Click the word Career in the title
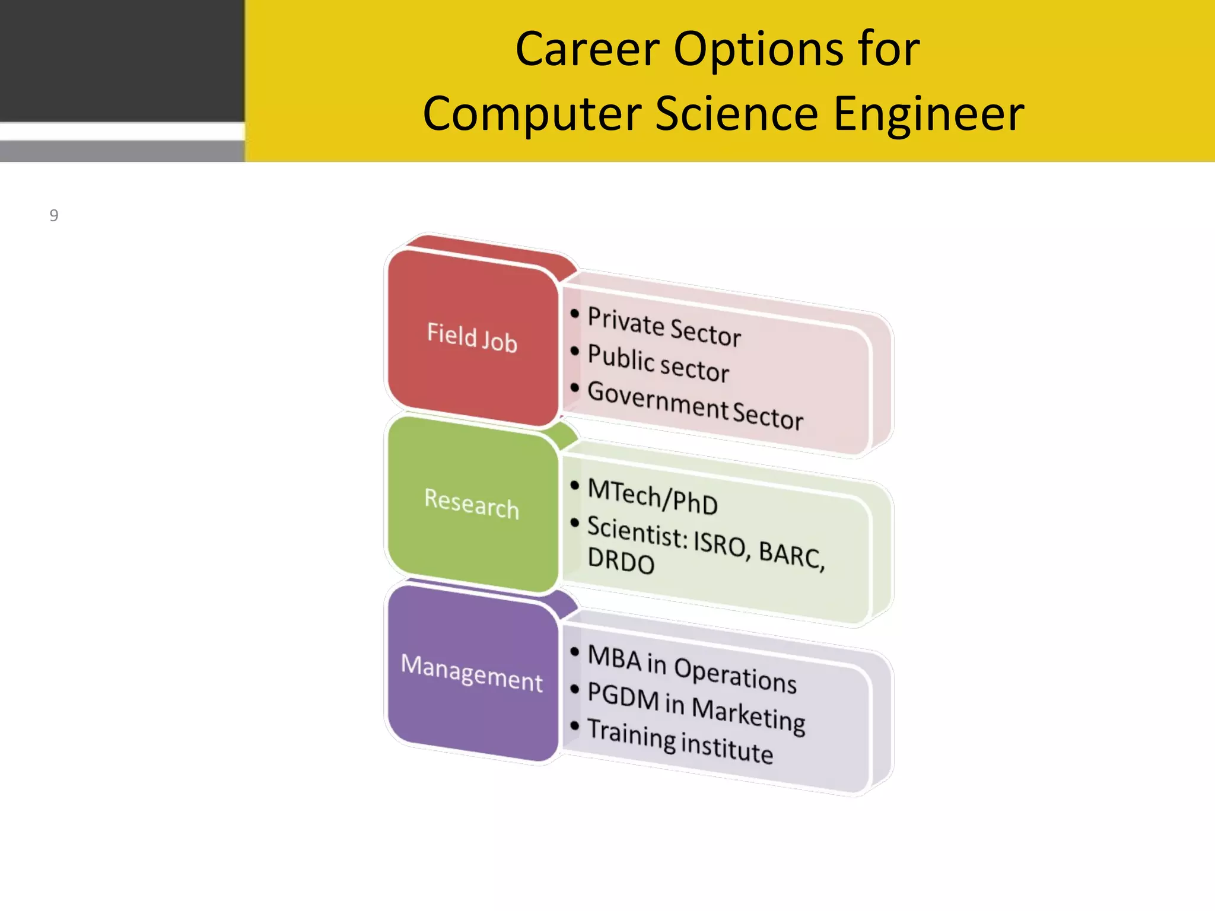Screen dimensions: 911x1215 (x=587, y=49)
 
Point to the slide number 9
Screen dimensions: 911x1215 (x=54, y=215)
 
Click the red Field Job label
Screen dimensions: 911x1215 (x=472, y=337)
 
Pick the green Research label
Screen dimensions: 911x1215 (x=472, y=504)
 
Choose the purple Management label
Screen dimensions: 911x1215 (x=472, y=673)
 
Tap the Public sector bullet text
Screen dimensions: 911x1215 (x=658, y=364)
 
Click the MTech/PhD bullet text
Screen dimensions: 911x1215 (x=653, y=496)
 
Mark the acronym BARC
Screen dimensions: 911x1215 (x=790, y=554)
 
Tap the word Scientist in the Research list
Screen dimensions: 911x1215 (x=637, y=531)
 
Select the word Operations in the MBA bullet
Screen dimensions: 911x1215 (x=735, y=675)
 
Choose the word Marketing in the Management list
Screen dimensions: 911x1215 (x=748, y=714)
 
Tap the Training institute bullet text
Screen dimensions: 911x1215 (x=680, y=741)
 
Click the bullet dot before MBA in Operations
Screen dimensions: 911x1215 (x=574, y=652)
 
